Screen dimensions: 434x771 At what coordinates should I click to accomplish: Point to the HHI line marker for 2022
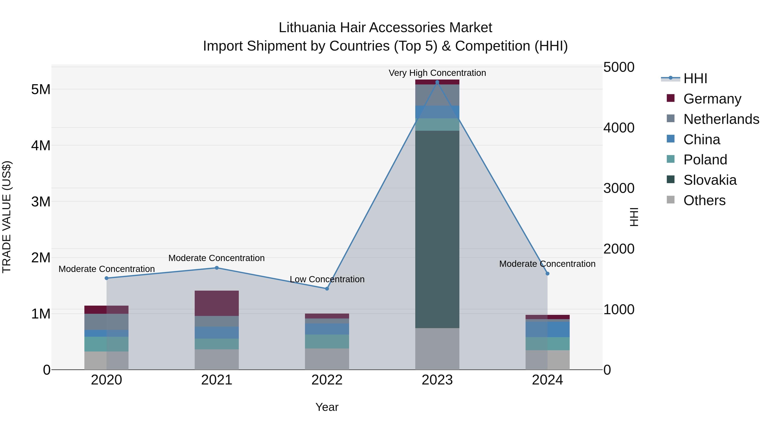(x=327, y=289)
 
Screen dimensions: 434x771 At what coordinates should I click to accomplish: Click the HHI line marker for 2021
(x=217, y=268)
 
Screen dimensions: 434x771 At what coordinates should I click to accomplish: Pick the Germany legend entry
(x=712, y=99)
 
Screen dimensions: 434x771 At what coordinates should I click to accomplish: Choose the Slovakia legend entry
(x=710, y=180)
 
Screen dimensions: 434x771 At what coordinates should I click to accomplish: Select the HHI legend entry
(x=695, y=78)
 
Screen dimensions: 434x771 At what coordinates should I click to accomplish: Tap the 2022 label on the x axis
(x=327, y=380)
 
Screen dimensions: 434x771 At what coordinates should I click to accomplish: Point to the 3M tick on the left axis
(x=41, y=202)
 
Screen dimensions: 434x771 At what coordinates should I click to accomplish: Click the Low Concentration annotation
(x=327, y=279)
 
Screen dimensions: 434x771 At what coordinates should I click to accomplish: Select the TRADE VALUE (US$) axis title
(x=7, y=217)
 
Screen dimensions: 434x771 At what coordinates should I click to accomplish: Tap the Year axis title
(x=327, y=407)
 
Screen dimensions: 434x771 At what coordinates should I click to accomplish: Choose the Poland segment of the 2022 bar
(x=327, y=341)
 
